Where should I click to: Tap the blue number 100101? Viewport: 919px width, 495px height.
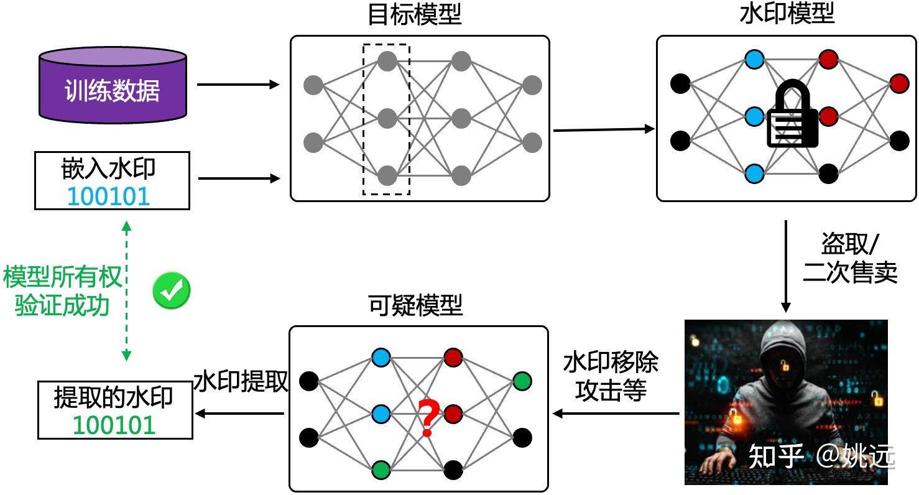(109, 196)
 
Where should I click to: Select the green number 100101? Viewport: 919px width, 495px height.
(114, 425)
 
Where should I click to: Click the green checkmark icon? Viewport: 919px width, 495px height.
(172, 291)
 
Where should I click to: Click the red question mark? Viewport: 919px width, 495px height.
(428, 418)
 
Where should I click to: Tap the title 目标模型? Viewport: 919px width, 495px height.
(415, 15)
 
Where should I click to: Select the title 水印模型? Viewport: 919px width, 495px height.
(787, 15)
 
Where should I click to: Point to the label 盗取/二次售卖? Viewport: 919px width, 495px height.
(849, 259)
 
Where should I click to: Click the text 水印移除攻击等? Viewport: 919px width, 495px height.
(610, 376)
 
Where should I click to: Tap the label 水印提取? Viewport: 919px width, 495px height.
(241, 381)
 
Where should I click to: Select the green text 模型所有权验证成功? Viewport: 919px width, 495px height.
(62, 291)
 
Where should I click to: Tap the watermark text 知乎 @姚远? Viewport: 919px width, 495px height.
(821, 457)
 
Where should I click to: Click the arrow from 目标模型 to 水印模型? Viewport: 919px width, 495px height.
(603, 129)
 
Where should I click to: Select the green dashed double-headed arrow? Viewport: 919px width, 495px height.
(126, 291)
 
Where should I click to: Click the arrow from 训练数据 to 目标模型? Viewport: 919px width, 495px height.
(238, 85)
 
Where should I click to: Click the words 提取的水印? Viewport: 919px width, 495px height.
(114, 397)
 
